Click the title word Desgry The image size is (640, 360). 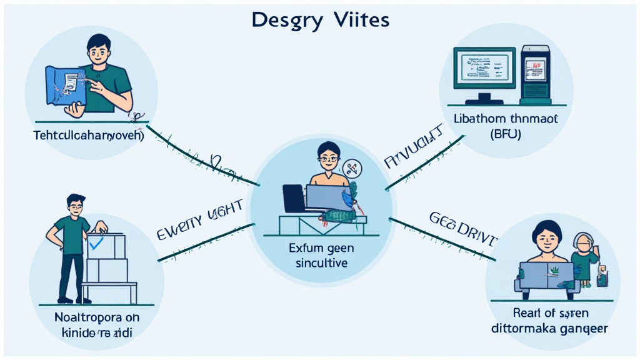(x=287, y=21)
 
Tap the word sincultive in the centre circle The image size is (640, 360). (x=321, y=263)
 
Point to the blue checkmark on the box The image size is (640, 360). (x=96, y=242)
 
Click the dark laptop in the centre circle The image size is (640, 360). (x=294, y=199)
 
